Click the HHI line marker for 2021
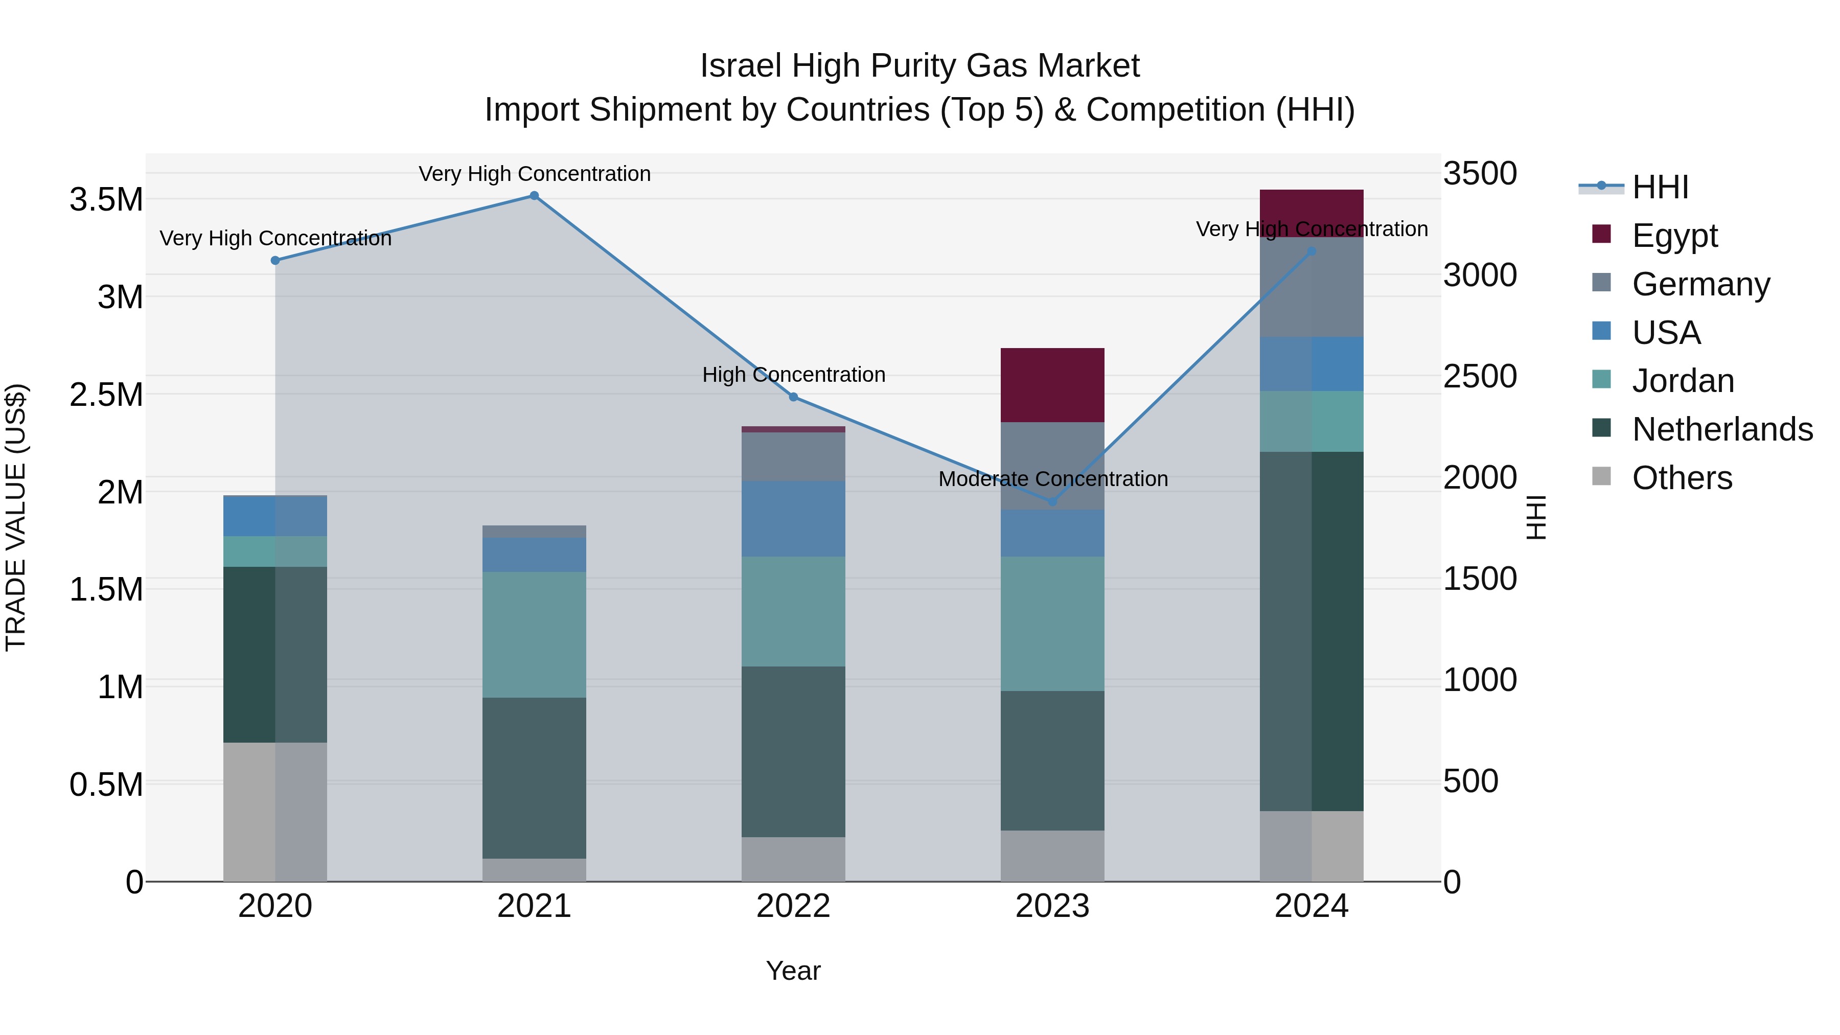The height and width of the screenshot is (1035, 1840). pos(534,196)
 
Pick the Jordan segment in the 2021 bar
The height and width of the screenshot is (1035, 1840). pos(534,634)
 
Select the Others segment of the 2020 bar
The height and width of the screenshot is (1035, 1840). pos(275,812)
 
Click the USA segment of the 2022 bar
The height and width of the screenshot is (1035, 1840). pos(793,519)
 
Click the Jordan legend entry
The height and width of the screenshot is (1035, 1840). pos(1682,381)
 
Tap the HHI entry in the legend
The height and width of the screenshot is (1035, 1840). pos(1659,187)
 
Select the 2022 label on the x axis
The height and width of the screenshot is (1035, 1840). pos(793,906)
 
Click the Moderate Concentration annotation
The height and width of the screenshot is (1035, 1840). pos(1053,478)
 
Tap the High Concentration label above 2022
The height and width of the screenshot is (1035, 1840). pos(793,374)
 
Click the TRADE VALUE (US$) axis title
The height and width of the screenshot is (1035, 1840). pos(16,517)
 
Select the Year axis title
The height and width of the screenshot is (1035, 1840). pos(793,971)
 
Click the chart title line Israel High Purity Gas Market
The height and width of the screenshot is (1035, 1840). pos(919,66)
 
